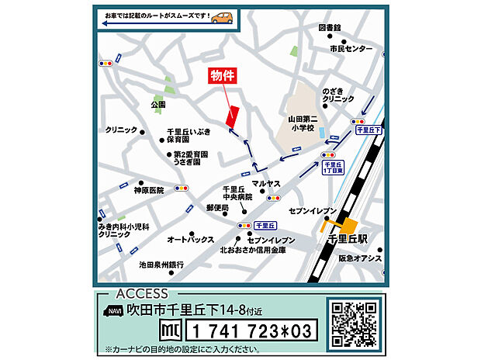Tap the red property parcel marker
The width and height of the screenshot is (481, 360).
tap(231, 113)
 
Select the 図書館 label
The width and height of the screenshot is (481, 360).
tap(330, 28)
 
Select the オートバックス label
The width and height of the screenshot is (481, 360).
tap(190, 240)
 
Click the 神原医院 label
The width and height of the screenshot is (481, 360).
tap(149, 190)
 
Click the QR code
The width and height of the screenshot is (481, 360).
tap(353, 322)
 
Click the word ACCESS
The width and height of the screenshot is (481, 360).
tap(141, 293)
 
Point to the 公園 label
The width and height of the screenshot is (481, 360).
tap(159, 104)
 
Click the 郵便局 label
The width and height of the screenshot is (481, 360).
tap(217, 209)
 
